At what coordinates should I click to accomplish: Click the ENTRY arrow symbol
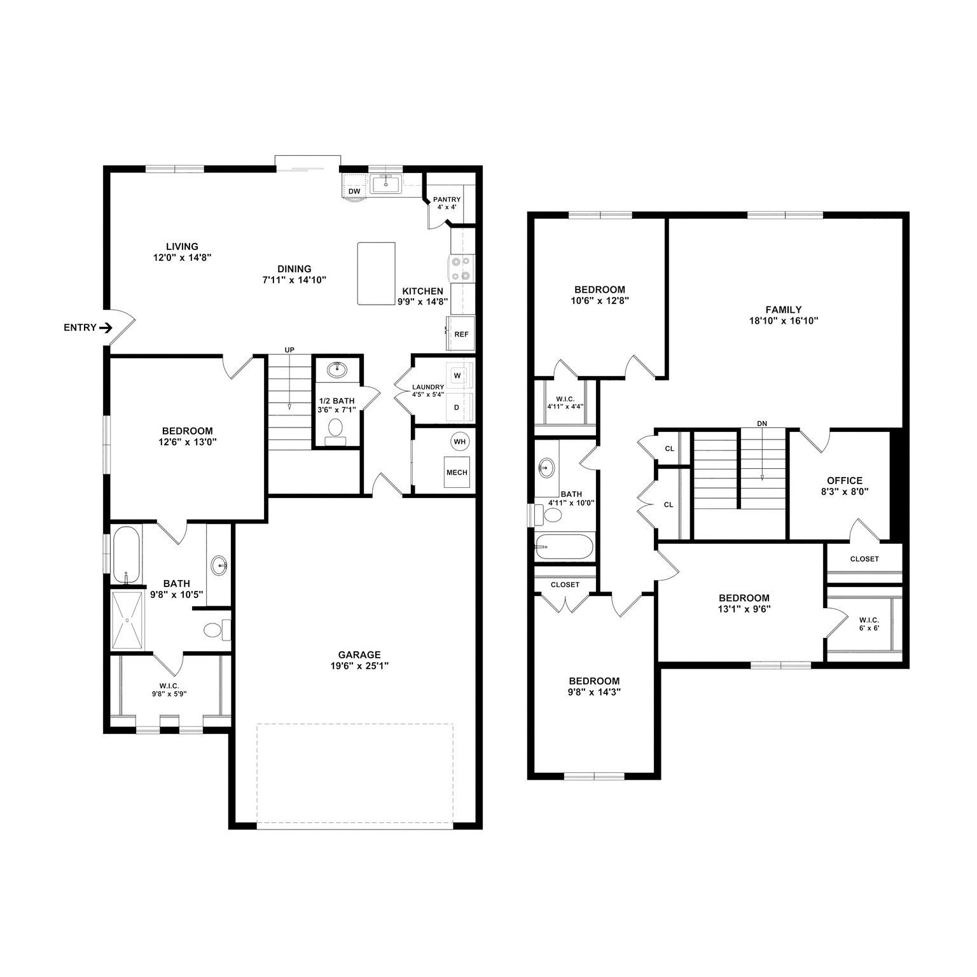[x=106, y=328]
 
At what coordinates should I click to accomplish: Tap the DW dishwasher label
[x=354, y=191]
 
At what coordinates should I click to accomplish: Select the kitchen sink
[x=385, y=184]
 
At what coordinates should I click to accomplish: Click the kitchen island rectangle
[x=376, y=274]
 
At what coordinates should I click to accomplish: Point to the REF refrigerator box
[x=461, y=334]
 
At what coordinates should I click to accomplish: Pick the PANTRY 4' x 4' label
[x=447, y=203]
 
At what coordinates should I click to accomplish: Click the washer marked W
[x=457, y=376]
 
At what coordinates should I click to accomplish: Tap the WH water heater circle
[x=459, y=441]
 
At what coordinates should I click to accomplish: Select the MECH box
[x=457, y=472]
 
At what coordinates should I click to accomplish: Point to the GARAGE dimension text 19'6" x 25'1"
[x=359, y=666]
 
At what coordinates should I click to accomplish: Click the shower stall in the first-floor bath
[x=128, y=620]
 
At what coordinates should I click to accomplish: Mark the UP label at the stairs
[x=289, y=350]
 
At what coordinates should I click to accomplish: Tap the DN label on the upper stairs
[x=762, y=424]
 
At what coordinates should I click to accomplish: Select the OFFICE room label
[x=845, y=481]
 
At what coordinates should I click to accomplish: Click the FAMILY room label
[x=783, y=310]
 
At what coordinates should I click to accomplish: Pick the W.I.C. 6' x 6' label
[x=869, y=623]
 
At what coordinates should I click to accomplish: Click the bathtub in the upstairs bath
[x=564, y=546]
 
